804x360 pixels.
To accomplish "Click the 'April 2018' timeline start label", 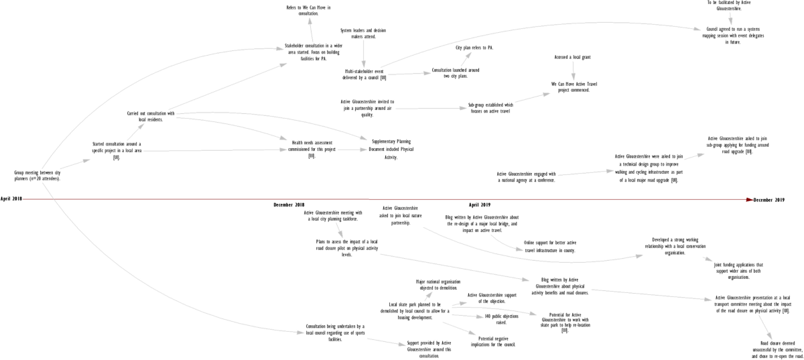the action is pos(11,199).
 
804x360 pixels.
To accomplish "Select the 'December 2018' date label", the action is pos(289,204).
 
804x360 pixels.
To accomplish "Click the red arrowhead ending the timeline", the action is pos(749,199).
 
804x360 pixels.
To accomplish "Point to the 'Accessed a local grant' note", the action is pos(572,58).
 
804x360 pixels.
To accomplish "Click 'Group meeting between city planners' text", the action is pos(38,176).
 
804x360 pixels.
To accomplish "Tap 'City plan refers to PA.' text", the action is pos(474,48).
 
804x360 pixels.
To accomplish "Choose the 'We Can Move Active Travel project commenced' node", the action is pos(574,87).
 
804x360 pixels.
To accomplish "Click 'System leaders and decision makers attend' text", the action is pos(363,34).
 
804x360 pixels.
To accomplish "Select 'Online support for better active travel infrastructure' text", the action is pos(550,246).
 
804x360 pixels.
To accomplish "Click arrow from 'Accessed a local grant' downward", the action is pos(573,70).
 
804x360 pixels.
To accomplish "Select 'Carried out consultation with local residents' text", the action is pos(150,116).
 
